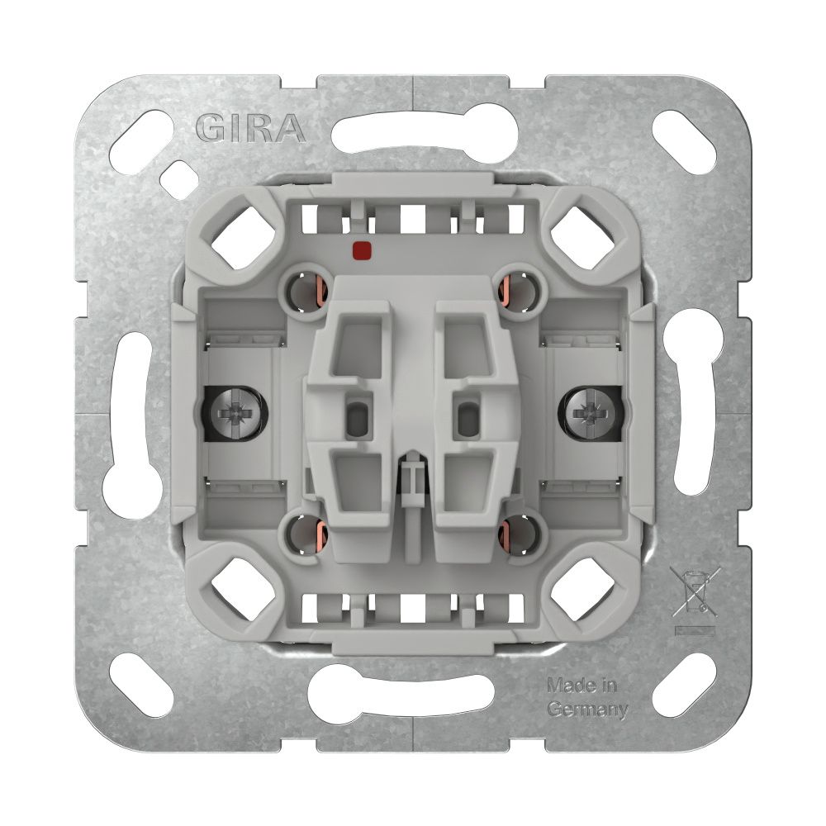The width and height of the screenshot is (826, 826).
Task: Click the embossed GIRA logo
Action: [251, 129]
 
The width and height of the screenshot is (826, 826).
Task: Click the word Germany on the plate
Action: [587, 710]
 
